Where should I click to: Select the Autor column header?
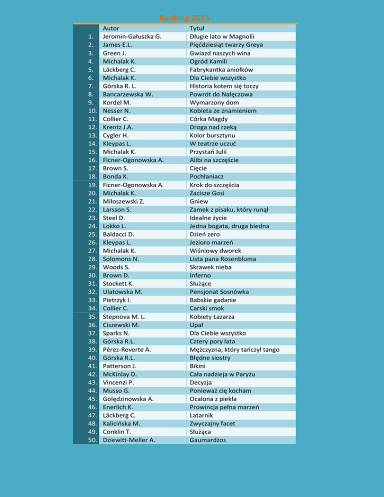[111, 28]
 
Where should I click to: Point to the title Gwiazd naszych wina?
[220, 53]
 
